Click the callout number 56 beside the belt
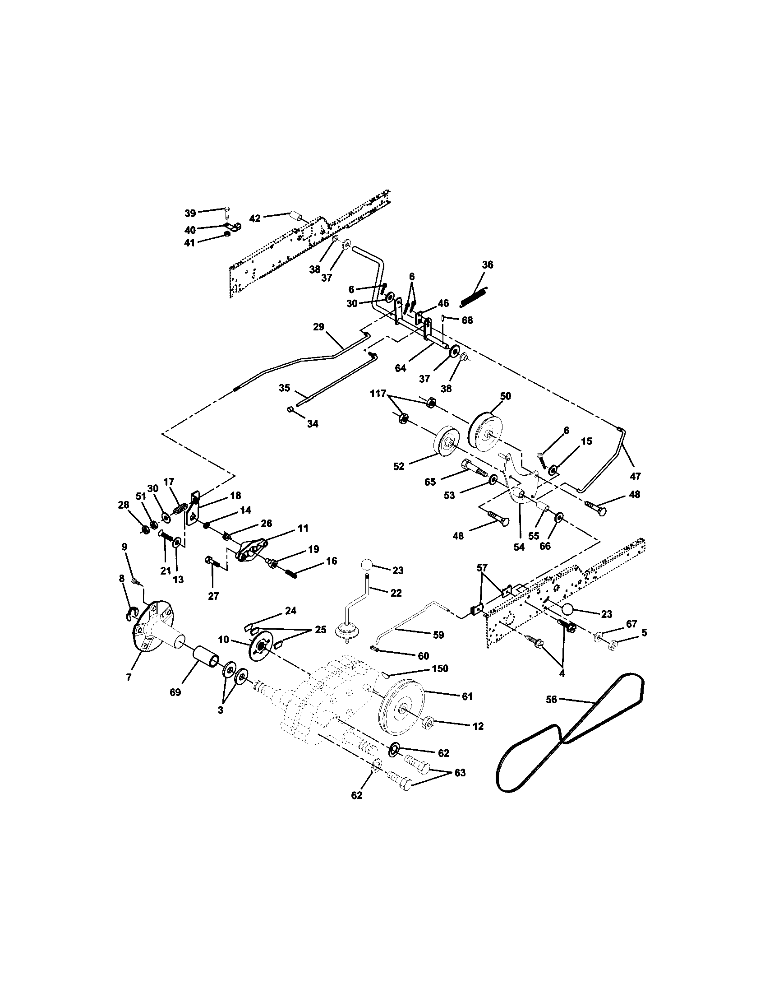point(551,700)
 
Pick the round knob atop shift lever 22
point(367,566)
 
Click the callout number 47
point(635,476)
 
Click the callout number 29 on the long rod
point(319,326)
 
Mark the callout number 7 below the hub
point(129,690)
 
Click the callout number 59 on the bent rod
point(438,635)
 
